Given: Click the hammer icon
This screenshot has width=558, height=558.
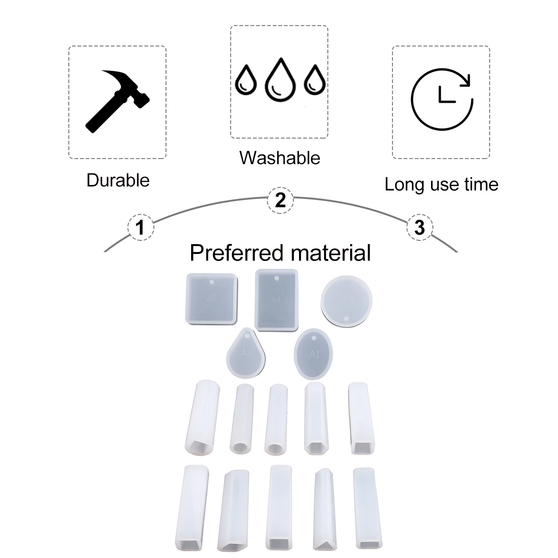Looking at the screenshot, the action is point(118,100).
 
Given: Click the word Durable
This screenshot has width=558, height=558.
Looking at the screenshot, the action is point(118,180).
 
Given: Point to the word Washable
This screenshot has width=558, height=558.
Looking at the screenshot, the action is point(280,158).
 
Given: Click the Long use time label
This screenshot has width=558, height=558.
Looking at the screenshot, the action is point(441,185).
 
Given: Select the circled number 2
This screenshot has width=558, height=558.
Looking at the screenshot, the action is point(280,201).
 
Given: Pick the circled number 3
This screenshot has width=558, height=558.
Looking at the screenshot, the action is point(419,228).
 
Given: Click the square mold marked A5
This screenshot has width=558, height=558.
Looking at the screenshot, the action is point(212,298).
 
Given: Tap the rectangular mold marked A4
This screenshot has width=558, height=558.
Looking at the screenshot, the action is point(276,300).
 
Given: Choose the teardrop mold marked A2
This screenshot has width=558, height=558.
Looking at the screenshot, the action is point(246,353).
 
